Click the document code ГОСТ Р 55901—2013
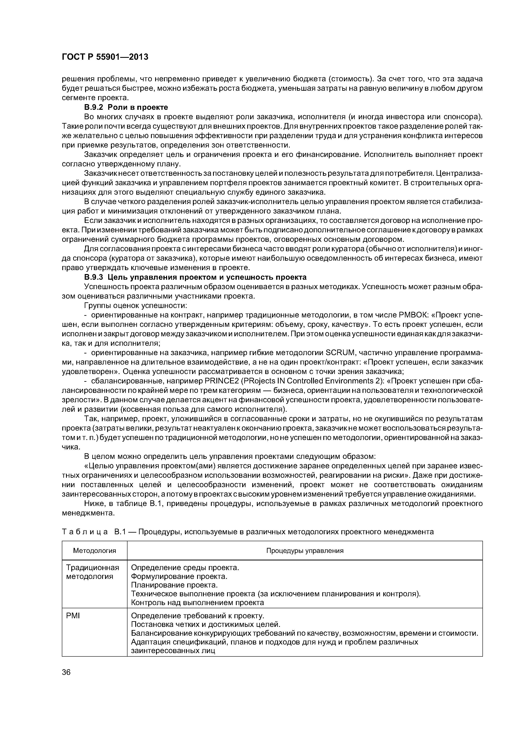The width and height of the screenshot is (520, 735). point(105,57)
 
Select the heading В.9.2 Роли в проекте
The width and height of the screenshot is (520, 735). point(126,107)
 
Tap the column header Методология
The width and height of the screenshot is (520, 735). point(95,551)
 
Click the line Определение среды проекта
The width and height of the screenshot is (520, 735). point(185,568)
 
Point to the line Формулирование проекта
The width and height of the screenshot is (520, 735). point(179,577)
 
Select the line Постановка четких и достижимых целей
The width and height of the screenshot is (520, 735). point(206,625)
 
